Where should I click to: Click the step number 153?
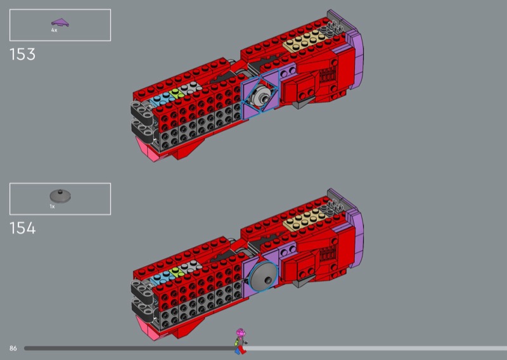[x=22, y=55]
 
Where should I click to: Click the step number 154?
[x=23, y=228]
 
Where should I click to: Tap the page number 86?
[x=13, y=349]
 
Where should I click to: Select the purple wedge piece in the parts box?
[x=60, y=23]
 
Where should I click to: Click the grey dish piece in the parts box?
[x=60, y=196]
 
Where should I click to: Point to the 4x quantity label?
[x=54, y=30]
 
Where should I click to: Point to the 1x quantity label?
[x=52, y=207]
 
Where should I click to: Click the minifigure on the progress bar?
[x=241, y=341]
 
